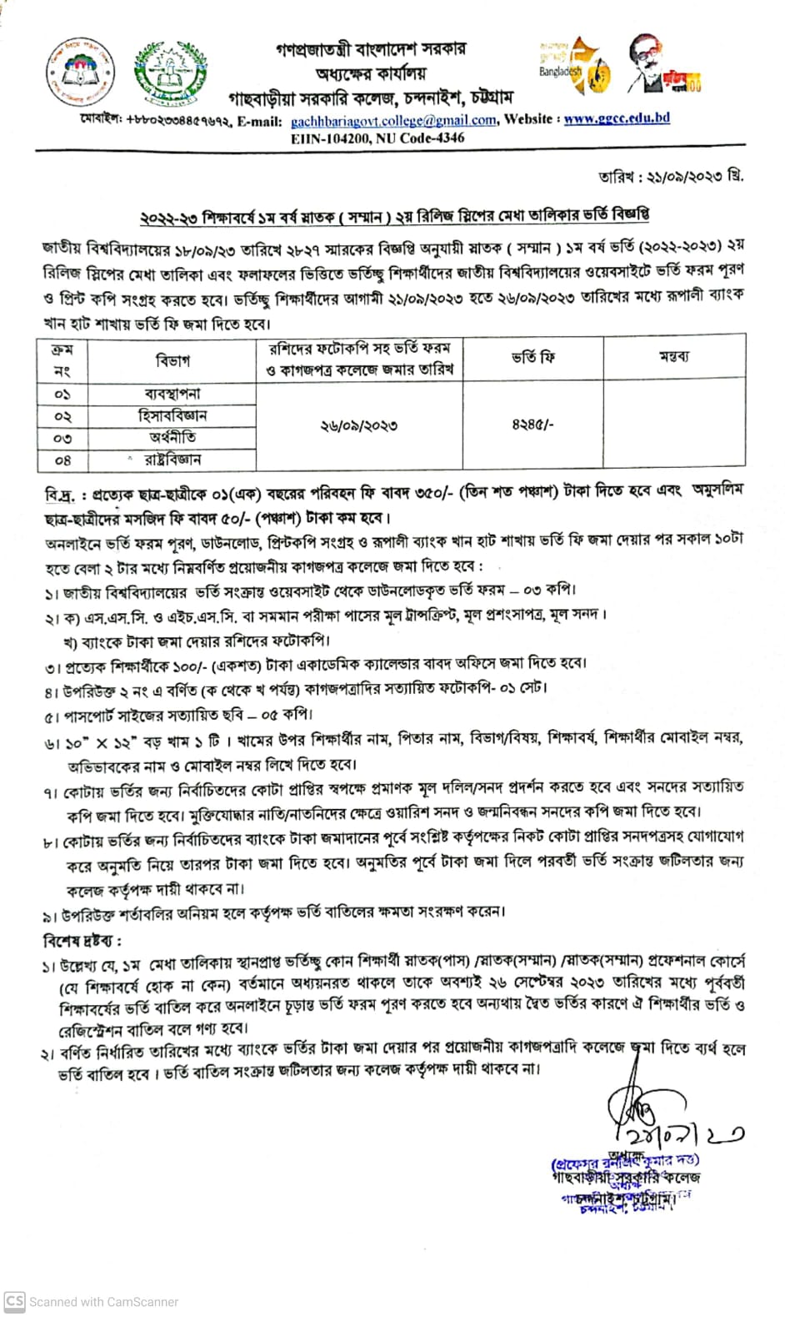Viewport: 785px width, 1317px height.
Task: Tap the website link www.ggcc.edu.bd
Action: pos(617,118)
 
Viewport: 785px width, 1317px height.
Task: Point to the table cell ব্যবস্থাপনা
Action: pos(172,393)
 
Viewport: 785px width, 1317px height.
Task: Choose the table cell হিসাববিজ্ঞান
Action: pos(172,415)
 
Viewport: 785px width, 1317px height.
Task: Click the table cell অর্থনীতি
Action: pos(172,437)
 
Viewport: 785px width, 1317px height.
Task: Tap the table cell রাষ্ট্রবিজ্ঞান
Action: pos(172,460)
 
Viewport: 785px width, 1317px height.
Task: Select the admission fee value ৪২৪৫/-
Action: pos(532,425)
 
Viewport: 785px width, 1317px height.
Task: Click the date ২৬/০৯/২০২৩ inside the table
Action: pos(359,425)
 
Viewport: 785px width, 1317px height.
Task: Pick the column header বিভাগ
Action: pos(172,360)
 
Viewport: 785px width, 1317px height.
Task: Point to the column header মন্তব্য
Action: pos(674,357)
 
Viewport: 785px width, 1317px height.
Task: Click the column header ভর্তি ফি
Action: pos(532,358)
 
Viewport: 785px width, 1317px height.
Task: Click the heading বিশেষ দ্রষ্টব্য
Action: pos(82,941)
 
